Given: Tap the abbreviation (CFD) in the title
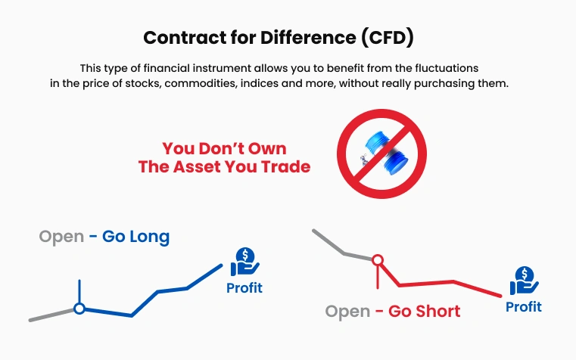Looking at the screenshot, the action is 388,38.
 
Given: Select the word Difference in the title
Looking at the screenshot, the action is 308,37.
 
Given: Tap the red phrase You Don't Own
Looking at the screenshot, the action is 224,149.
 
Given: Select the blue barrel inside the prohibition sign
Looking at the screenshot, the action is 385,154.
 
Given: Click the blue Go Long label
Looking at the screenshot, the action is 135,237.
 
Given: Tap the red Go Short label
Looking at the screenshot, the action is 424,312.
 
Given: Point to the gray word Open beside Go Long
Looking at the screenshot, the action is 61,237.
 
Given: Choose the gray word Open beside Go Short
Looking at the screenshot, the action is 347,312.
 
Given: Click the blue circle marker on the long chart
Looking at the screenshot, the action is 79,309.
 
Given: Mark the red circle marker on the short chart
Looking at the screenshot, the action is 378,260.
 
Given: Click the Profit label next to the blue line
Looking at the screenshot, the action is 244,288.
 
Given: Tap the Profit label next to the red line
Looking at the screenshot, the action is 524,307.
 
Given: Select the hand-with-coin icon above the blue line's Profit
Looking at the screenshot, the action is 244,262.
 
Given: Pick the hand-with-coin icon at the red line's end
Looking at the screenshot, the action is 525,281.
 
